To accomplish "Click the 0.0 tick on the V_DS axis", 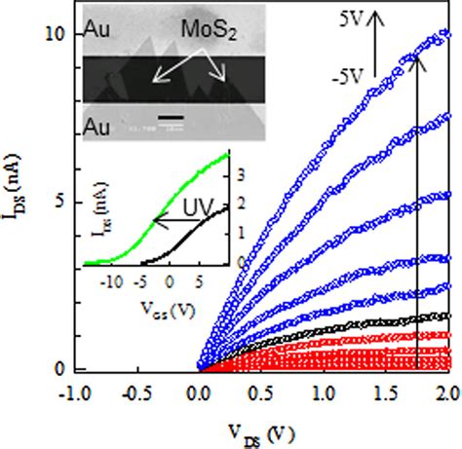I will (200, 389).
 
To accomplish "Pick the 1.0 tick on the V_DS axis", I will (323, 389).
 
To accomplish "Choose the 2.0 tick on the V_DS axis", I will (443, 389).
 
